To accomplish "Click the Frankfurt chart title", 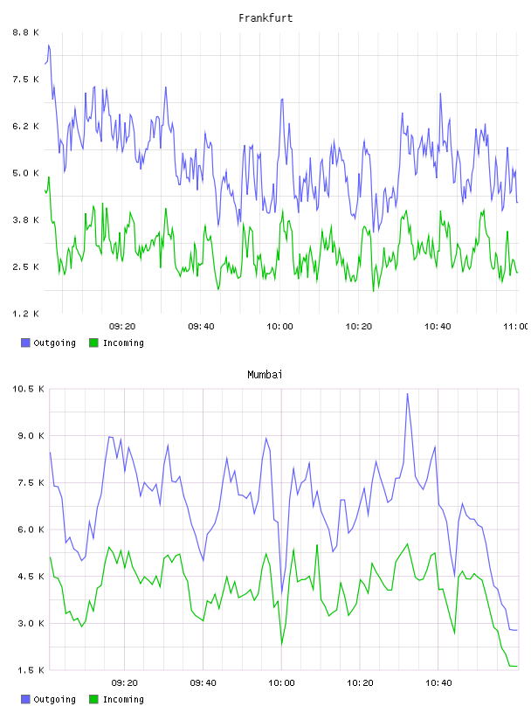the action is pos(265,18).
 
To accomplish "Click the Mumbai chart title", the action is pos(265,375).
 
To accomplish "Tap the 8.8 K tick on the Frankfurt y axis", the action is pos(26,32).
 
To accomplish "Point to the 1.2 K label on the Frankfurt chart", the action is pos(26,314).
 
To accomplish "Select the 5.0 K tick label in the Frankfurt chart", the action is pos(26,173).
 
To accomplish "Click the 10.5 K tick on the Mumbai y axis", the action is pos(28,389).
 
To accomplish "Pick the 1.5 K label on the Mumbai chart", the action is pos(31,670).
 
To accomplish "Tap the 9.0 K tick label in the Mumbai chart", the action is pos(31,436).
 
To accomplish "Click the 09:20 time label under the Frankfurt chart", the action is pos(122,327).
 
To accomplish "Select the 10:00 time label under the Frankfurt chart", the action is pos(279,327).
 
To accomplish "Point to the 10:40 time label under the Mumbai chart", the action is pos(438,683).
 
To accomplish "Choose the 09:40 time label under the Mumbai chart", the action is pos(203,683).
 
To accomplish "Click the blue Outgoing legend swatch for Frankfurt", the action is pos(25,343).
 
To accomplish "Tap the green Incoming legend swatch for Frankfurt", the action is pos(93,343).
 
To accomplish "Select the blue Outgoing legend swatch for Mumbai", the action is pos(25,699).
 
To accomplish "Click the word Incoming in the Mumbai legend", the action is pos(123,699).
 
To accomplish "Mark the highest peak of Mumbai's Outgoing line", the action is pos(407,394).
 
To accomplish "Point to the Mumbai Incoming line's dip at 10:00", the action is pos(282,644).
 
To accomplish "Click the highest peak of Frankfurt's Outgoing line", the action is pos(49,45).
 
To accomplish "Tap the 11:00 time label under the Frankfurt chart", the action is pos(517,327).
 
